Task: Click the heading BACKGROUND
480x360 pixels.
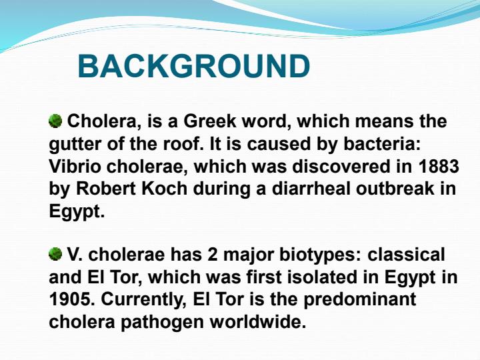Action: coord(194,67)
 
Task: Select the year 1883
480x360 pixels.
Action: coord(437,167)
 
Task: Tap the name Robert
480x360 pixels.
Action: coord(105,189)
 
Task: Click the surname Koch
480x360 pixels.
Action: coord(164,189)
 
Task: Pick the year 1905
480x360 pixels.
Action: coord(69,299)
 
